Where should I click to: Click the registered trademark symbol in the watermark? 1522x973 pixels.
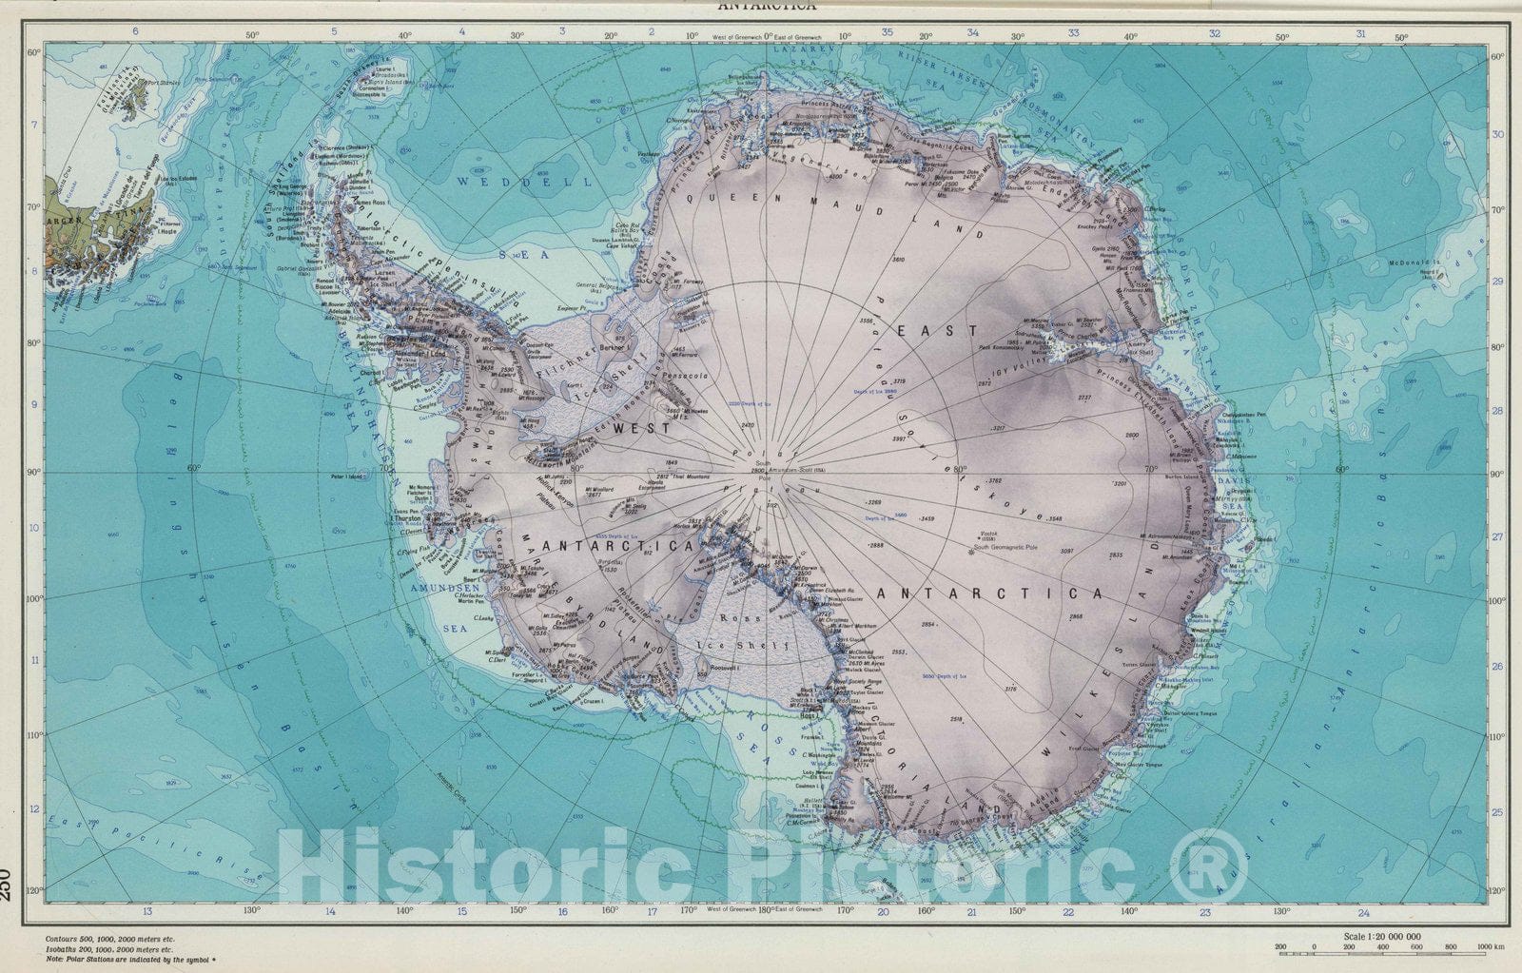coord(1206,868)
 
